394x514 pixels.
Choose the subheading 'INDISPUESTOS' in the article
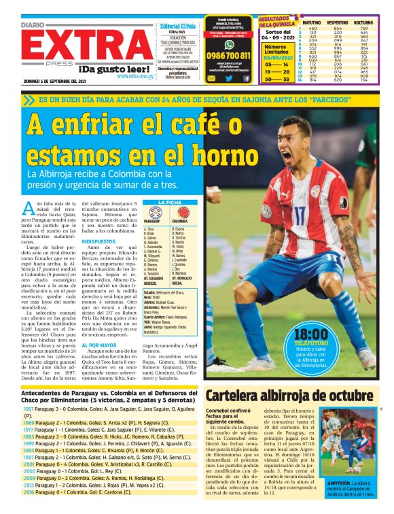coord(99,241)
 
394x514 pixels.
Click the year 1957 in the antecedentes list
coord(29,410)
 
